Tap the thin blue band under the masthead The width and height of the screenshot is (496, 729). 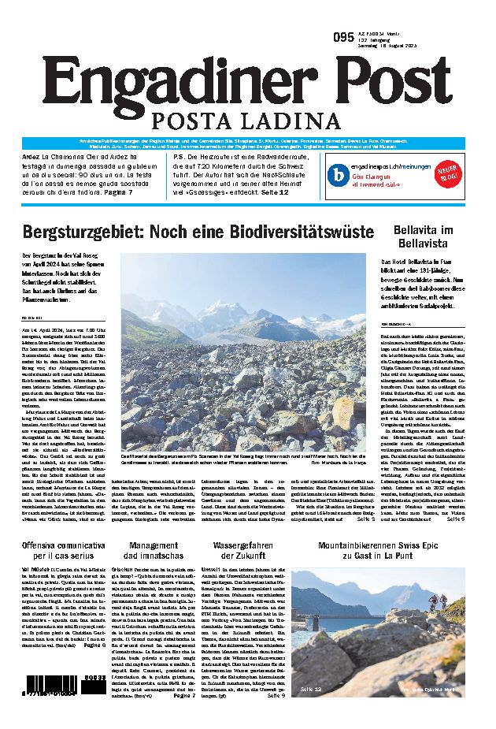(248, 142)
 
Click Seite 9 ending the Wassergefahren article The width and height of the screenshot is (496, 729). (275, 696)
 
